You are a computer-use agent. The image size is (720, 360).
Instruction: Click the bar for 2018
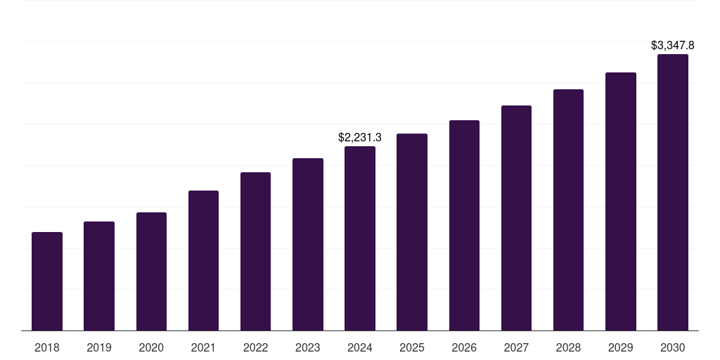coord(47,281)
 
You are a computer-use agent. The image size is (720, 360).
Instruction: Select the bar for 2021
coord(203,260)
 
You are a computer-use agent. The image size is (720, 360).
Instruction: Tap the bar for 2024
coord(360,238)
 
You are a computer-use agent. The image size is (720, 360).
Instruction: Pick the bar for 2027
coord(516,218)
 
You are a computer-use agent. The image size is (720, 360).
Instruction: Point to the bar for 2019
coord(99,276)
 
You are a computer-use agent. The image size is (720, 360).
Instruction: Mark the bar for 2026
coord(464,225)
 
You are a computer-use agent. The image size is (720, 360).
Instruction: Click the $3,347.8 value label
coord(673,46)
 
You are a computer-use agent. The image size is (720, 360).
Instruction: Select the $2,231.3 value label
coord(360,138)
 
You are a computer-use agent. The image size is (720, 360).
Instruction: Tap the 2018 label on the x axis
coord(47,347)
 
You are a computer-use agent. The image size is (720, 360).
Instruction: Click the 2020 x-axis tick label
coord(151,347)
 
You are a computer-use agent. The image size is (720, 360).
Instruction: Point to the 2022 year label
coord(255,347)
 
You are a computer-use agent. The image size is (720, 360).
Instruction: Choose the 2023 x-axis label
coord(308,347)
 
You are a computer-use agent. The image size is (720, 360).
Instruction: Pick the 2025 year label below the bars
coord(412,347)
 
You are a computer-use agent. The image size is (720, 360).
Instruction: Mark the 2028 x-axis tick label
coord(568,347)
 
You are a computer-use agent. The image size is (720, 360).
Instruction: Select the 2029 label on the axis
coord(621,347)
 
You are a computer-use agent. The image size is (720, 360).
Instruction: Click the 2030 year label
coord(673,347)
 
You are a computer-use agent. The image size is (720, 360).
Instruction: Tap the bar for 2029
coord(621,201)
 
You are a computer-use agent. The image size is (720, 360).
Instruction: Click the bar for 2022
coord(255,251)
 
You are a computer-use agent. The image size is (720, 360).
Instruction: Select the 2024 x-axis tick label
coord(360,347)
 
